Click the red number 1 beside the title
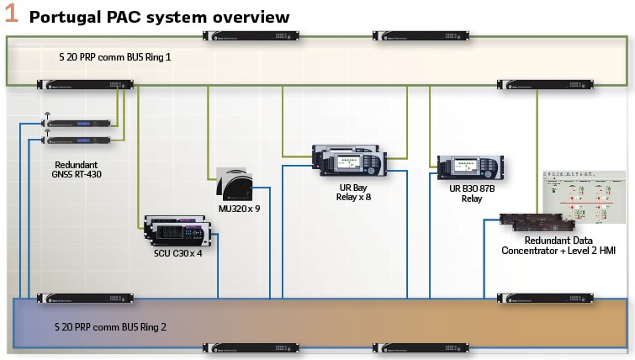[12, 14]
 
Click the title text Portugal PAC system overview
[160, 17]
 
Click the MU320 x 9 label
[239, 208]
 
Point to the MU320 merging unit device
[235, 182]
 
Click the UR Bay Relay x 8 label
[352, 191]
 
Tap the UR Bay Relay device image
[352, 160]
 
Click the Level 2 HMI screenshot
[584, 197]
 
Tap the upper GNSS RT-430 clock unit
[77, 123]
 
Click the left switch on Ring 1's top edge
[241, 35]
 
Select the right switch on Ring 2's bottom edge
[410, 347]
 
